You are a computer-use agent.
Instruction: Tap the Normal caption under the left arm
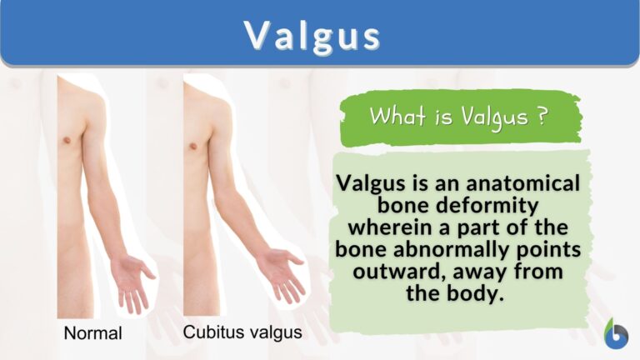pyautogui.click(x=93, y=333)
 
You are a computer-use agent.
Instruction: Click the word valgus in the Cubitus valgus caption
pyautogui.click(x=272, y=333)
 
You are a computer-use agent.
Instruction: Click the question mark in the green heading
pyautogui.click(x=542, y=117)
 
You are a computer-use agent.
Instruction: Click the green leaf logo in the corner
pyautogui.click(x=616, y=332)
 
